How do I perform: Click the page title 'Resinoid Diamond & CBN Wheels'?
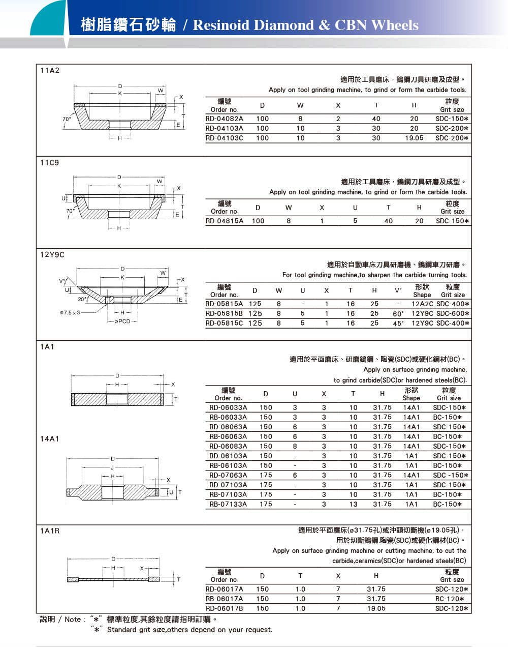pos(305,25)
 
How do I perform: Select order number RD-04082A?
pos(224,119)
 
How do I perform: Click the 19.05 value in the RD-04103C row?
pos(414,138)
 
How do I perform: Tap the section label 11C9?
pos(49,163)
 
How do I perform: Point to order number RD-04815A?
pos(224,221)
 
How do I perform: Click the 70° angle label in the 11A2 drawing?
pos(67,119)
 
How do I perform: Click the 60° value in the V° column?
pos(398,314)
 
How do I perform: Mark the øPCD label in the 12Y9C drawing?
pos(122,321)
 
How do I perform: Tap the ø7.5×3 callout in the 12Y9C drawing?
pos(70,312)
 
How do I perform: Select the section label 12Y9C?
pos(52,255)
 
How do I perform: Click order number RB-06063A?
pos(228,436)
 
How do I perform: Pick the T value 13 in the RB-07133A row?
pos(353,504)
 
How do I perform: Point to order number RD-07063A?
pos(228,475)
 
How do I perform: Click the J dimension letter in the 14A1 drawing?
pos(112,467)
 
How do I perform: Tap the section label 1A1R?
pos(50,531)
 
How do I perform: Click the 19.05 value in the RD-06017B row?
pos(376,608)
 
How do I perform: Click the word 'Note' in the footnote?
pos(73,620)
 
